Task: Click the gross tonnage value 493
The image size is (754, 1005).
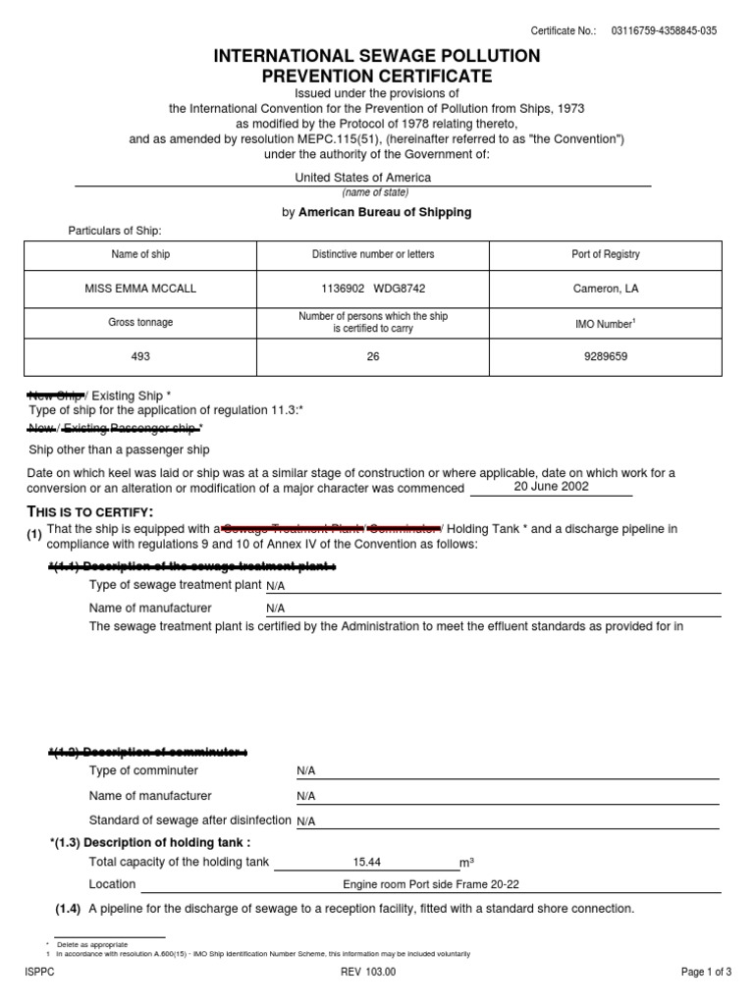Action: (141, 356)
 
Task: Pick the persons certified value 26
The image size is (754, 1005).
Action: (372, 356)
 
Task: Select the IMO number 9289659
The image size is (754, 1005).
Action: (605, 356)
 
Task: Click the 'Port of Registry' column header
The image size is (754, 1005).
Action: (606, 254)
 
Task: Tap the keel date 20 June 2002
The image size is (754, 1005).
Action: (552, 486)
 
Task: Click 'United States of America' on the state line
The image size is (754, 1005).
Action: (363, 178)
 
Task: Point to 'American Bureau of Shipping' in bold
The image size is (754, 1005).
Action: (385, 212)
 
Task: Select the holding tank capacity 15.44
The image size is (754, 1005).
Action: (366, 862)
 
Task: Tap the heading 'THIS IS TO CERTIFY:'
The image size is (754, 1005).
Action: (91, 511)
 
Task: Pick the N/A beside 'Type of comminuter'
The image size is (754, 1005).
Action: (306, 771)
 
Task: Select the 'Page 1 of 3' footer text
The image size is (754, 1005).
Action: (706, 973)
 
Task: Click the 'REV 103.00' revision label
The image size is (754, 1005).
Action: (368, 973)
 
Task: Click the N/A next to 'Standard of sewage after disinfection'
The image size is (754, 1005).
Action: (306, 820)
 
